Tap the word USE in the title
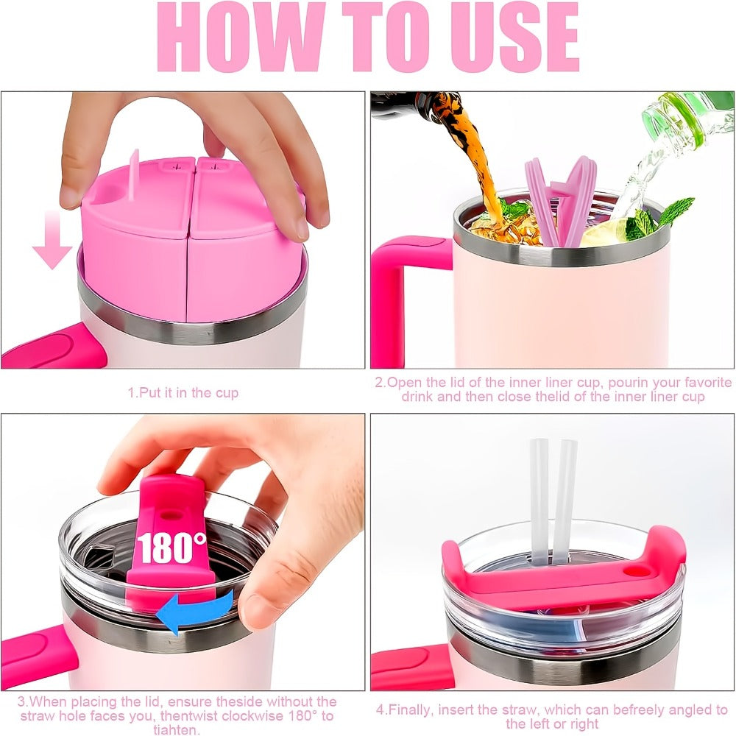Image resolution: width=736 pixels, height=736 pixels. coord(514,37)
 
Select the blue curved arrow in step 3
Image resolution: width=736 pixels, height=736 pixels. coord(194,611)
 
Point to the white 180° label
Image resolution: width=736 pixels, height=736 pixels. coord(171,548)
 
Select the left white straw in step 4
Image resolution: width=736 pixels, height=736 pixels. coord(539,498)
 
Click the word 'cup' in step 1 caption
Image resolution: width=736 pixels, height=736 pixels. coord(227,393)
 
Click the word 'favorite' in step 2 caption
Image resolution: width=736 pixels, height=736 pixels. coord(704,383)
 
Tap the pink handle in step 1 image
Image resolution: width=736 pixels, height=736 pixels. coord(54,345)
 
